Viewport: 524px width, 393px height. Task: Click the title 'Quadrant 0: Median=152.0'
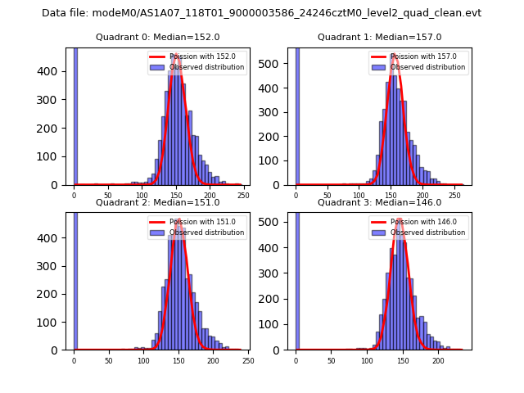click(157, 37)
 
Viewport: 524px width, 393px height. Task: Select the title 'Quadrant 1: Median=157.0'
click(379, 37)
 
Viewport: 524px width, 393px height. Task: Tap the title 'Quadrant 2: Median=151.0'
click(157, 202)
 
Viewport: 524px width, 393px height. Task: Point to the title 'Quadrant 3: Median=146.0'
click(379, 202)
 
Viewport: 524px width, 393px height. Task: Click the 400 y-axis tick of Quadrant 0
click(55, 71)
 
